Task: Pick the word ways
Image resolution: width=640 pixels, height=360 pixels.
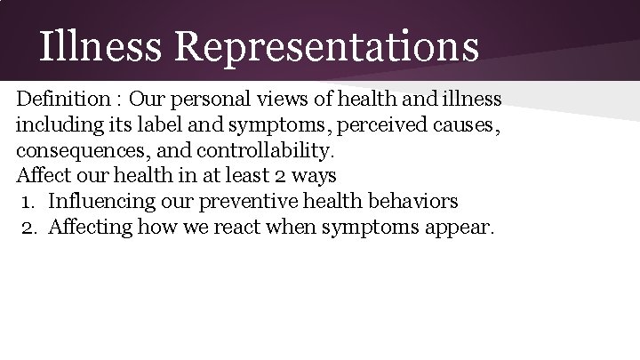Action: click(311, 173)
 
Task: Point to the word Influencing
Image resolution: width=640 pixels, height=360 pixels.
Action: click(101, 200)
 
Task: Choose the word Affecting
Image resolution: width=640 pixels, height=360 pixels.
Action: click(92, 226)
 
